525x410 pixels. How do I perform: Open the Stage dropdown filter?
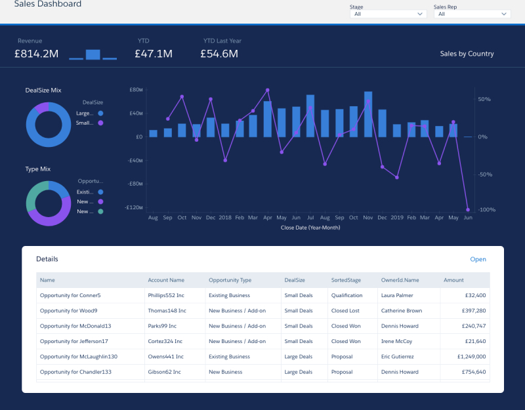pyautogui.click(x=389, y=14)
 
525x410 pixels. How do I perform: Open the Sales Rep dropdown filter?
pyautogui.click(x=472, y=14)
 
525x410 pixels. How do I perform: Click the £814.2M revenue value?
pyautogui.click(x=37, y=54)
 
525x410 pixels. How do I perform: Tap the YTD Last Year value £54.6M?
pyautogui.click(x=219, y=54)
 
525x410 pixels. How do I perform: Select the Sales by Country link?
pyautogui.click(x=467, y=54)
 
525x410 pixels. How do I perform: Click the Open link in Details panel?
pyautogui.click(x=478, y=259)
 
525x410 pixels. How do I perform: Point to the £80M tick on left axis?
pyautogui.click(x=136, y=89)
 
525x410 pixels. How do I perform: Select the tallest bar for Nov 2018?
pyautogui.click(x=368, y=114)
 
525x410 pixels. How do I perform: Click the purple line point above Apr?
pyautogui.click(x=267, y=90)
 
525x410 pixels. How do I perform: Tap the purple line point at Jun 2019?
pyautogui.click(x=468, y=209)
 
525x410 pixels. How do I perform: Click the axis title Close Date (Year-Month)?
pyautogui.click(x=310, y=228)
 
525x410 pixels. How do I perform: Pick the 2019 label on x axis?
pyautogui.click(x=397, y=217)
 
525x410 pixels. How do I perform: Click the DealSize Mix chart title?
pyautogui.click(x=43, y=90)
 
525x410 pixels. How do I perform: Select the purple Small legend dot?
pyautogui.click(x=100, y=123)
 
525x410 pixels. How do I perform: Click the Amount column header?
pyautogui.click(x=453, y=280)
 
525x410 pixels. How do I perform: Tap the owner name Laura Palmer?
pyautogui.click(x=397, y=296)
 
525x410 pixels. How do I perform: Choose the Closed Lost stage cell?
pyautogui.click(x=345, y=311)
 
